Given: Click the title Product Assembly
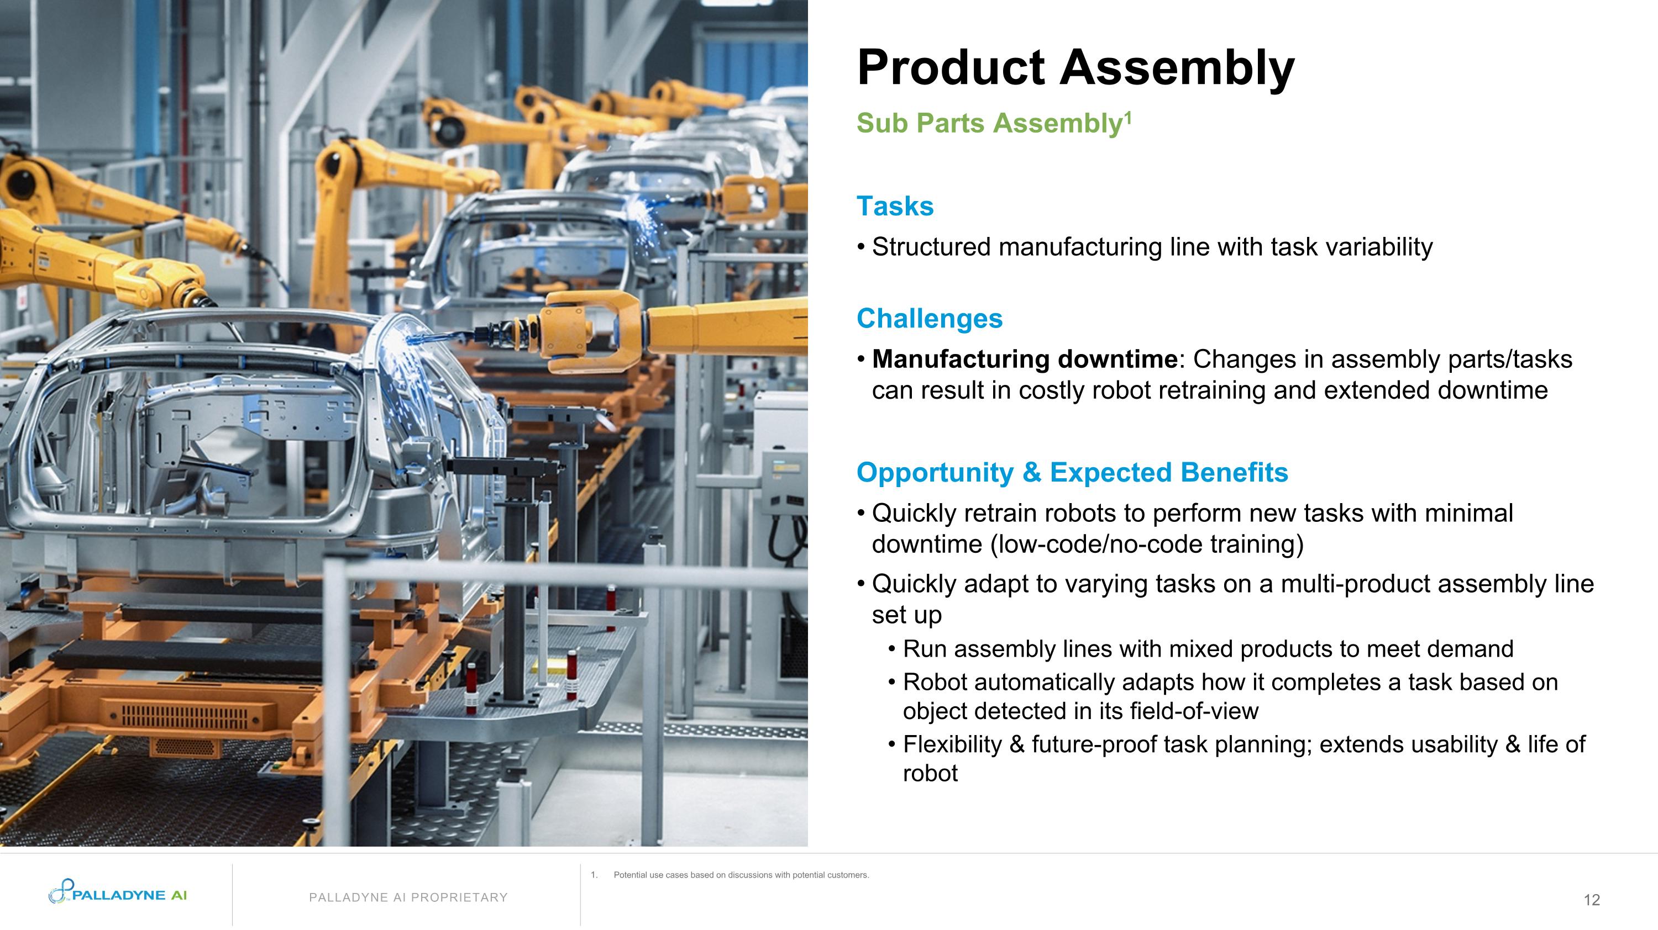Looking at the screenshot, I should click(1075, 67).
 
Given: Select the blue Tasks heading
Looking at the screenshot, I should click(895, 207).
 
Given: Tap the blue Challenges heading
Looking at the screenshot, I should click(929, 318).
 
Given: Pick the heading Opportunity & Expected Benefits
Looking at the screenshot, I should click(1072, 472).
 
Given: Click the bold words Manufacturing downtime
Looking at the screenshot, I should click(1024, 359).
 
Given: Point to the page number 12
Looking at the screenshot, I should click(1591, 900).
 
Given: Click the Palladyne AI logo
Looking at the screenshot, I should click(118, 894).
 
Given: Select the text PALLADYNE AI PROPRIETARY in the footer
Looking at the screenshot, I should click(408, 897).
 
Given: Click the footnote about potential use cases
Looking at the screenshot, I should click(740, 875).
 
